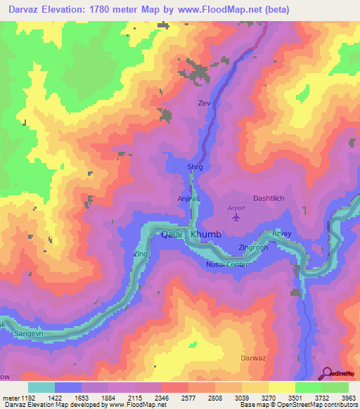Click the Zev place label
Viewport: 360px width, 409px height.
click(204, 103)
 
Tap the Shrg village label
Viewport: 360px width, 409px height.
click(194, 167)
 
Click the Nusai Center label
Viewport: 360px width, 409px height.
click(227, 264)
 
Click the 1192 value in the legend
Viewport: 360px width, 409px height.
click(22, 398)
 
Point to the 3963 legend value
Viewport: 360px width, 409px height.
click(349, 398)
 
